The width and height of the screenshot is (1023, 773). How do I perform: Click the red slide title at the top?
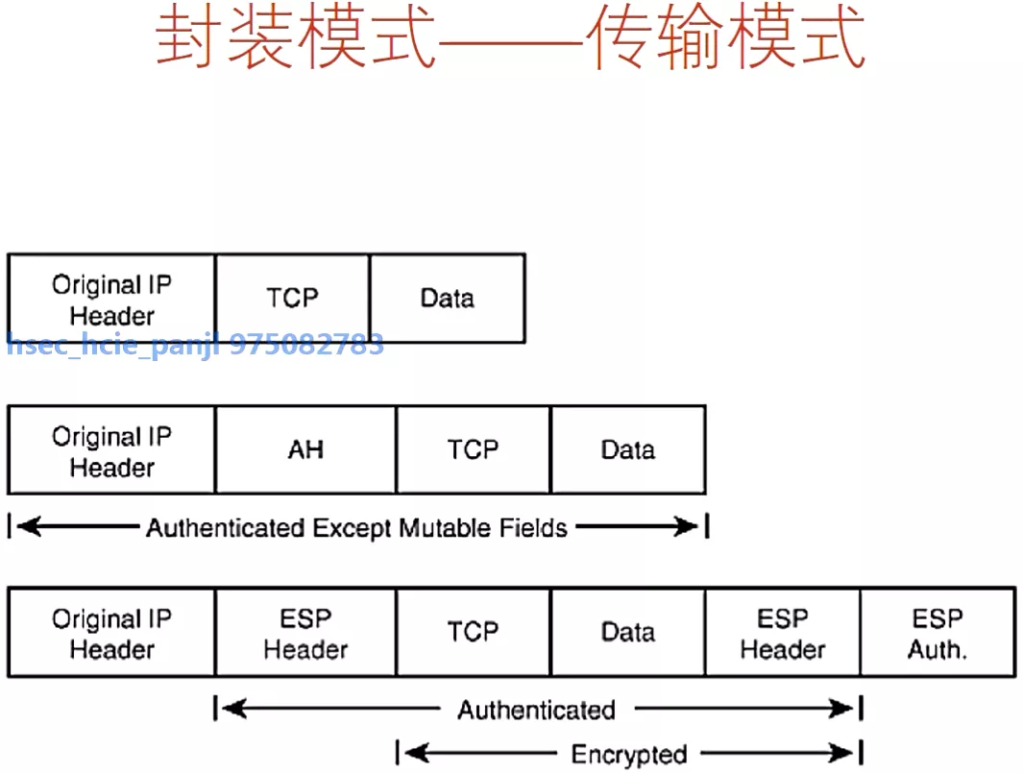510,40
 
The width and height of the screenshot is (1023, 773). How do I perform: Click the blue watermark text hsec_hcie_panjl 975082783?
195,345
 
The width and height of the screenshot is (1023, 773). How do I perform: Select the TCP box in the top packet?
292,298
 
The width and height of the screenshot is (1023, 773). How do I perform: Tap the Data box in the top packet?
447,298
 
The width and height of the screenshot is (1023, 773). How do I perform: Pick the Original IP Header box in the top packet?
111,299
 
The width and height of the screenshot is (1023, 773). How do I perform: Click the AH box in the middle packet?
305,449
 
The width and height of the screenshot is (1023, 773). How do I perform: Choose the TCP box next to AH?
473,449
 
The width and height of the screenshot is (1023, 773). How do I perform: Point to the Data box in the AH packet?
627,449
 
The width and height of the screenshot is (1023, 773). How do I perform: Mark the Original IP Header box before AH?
111,450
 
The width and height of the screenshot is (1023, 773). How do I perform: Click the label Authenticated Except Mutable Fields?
356,527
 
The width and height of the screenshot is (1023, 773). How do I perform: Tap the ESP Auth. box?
938,633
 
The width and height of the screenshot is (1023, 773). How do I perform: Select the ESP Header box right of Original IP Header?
305,633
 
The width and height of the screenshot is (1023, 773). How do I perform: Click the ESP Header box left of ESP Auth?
782,633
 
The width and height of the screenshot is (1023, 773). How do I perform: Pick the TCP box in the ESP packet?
473,633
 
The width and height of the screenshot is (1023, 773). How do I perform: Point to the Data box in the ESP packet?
627,633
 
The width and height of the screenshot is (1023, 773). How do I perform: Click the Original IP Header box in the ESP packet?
111,633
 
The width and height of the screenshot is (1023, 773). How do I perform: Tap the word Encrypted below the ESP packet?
629,755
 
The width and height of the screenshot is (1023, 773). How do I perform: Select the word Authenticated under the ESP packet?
536,711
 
